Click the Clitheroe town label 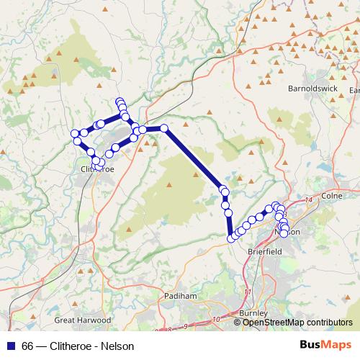pyautogui.click(x=94, y=170)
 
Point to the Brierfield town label pyautogui.click(x=265, y=252)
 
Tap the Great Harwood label pyautogui.click(x=83, y=320)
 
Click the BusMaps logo pyautogui.click(x=325, y=345)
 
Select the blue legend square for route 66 pyautogui.click(x=13, y=346)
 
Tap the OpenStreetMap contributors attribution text pyautogui.click(x=297, y=323)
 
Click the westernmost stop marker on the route pyautogui.click(x=74, y=133)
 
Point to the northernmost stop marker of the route pyautogui.click(x=120, y=102)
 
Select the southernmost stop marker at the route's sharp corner pyautogui.click(x=231, y=238)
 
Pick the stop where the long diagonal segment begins pyautogui.click(x=164, y=128)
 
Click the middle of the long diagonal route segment pyautogui.click(x=194, y=158)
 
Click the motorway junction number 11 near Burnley pyautogui.click(x=248, y=292)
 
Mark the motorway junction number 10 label pyautogui.click(x=217, y=318)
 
